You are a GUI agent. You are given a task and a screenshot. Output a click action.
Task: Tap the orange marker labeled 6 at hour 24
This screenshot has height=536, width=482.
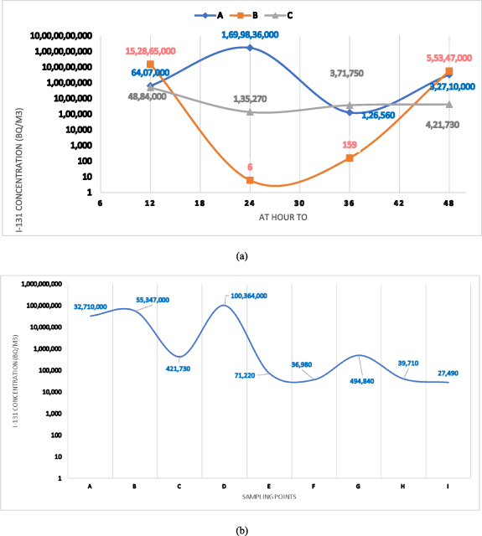coord(250,180)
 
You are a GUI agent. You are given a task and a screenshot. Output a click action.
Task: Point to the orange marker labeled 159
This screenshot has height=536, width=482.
coord(350,157)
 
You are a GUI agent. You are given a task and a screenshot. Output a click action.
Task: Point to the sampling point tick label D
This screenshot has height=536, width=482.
coord(224,486)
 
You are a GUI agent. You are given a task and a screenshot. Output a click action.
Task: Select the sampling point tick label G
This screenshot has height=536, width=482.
coord(359,486)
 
